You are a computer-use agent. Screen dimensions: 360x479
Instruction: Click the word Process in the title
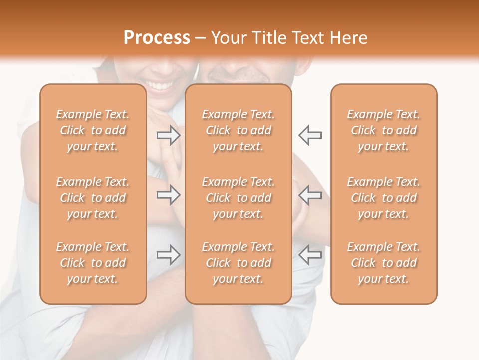[x=157, y=38]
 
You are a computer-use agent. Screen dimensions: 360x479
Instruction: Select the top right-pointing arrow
[x=169, y=135]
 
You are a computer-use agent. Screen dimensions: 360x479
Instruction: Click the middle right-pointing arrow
[x=169, y=195]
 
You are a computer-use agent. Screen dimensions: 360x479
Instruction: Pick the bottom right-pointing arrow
[x=169, y=255]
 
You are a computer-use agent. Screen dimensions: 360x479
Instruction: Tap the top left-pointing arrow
[x=310, y=135]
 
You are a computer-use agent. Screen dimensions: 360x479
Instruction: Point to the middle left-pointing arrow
[x=310, y=195]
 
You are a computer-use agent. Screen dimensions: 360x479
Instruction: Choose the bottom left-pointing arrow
[x=310, y=255]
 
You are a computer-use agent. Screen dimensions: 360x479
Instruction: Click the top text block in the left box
[x=93, y=130]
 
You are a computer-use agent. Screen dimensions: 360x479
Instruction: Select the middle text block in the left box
[x=93, y=198]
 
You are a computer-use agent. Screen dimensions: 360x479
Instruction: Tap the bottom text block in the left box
[x=93, y=263]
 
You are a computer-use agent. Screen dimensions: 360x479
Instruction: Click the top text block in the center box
[x=239, y=130]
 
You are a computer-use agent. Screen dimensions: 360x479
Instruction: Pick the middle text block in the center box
[x=239, y=198]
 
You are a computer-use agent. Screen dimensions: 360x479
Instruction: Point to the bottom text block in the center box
[x=239, y=263]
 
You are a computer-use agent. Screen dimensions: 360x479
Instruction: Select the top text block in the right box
[x=384, y=130]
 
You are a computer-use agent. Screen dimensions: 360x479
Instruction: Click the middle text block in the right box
[x=384, y=198]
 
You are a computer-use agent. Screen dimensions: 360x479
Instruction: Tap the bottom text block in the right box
[x=384, y=263]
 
